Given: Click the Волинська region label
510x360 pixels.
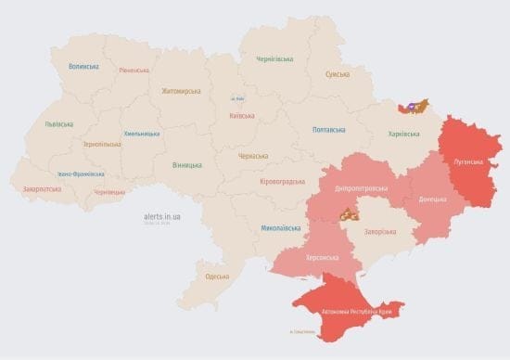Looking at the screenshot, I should click(x=83, y=67).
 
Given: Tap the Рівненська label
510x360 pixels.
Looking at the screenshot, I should click(x=134, y=71).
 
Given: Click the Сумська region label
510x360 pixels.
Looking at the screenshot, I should click(x=338, y=74).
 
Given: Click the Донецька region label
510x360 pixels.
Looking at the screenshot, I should click(x=432, y=199).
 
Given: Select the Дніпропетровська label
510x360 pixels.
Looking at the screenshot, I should click(x=361, y=188).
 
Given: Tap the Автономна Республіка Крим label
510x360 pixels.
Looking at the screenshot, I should click(x=356, y=311).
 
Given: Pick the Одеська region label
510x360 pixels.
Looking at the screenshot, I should click(x=217, y=276).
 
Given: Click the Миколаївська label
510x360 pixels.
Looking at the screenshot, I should click(x=280, y=227).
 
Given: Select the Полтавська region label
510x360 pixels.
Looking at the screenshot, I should click(x=330, y=130).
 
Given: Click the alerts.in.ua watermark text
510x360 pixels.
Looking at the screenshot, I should click(x=162, y=215).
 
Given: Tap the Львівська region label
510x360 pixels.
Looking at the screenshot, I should click(x=60, y=124).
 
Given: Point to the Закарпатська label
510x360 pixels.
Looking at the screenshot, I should click(x=43, y=189).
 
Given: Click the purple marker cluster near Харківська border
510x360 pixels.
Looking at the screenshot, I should click(x=414, y=106).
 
